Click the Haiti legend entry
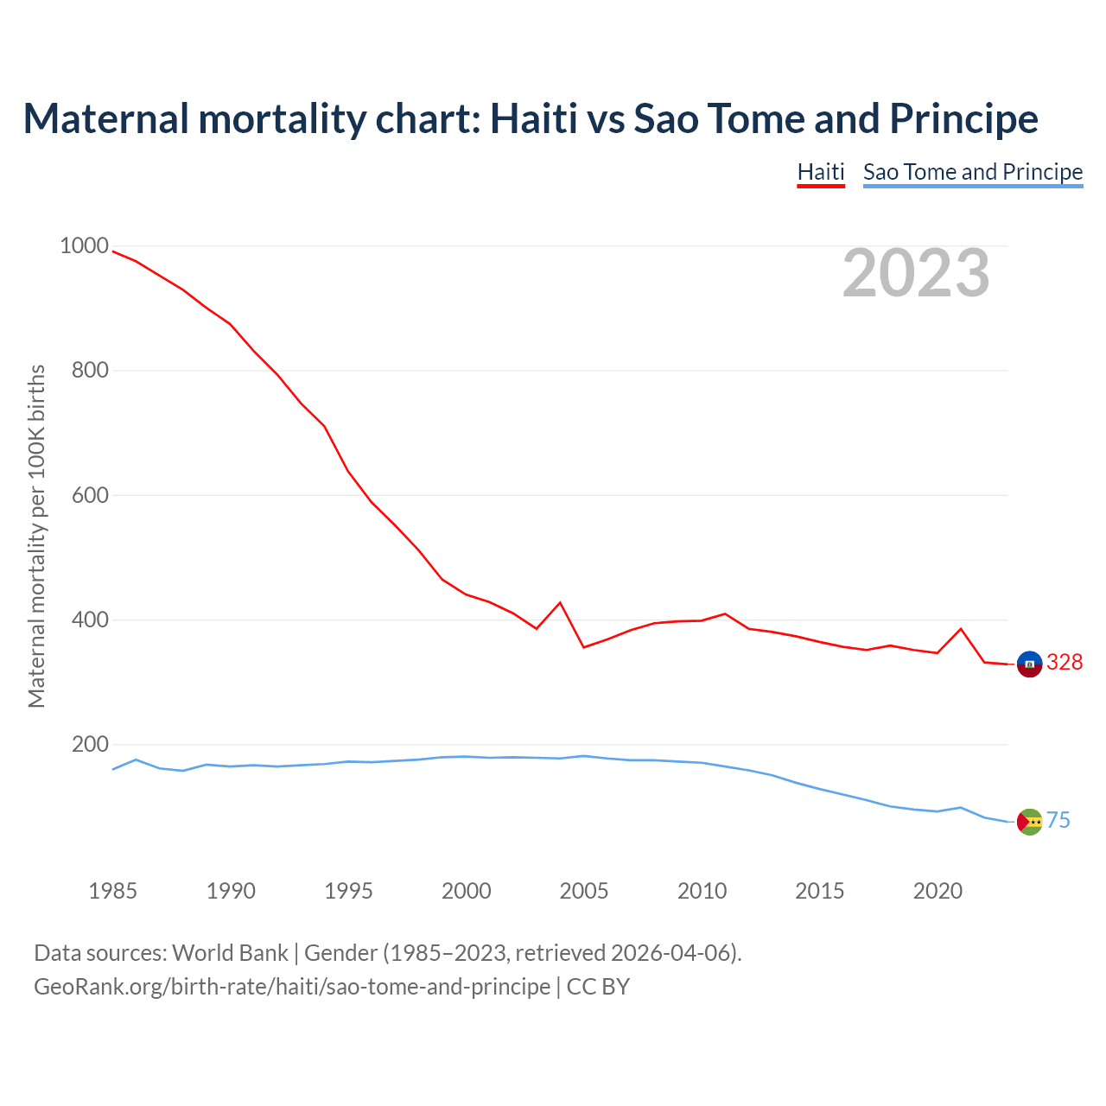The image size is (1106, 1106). (x=820, y=172)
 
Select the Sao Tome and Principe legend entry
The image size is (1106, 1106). (x=972, y=172)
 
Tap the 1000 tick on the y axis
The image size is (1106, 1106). (x=84, y=245)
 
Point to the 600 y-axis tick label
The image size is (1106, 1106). (x=90, y=495)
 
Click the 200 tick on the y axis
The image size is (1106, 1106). (x=90, y=744)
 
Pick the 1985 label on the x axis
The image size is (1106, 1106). (x=112, y=891)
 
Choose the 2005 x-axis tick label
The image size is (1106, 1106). (x=584, y=891)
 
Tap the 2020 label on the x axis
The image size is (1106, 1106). (x=938, y=891)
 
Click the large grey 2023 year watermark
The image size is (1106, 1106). (x=916, y=273)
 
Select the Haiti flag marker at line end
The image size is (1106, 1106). (x=1029, y=664)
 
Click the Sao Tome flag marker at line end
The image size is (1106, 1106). (x=1029, y=822)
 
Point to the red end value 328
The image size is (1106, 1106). (x=1065, y=663)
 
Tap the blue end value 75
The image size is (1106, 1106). (x=1058, y=821)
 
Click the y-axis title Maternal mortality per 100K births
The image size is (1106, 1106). (x=36, y=536)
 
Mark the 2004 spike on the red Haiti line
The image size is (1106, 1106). (x=560, y=602)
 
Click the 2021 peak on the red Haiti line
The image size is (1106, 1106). (x=961, y=628)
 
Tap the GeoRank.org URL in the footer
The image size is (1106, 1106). (x=292, y=987)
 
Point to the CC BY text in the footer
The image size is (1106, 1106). (x=598, y=987)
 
